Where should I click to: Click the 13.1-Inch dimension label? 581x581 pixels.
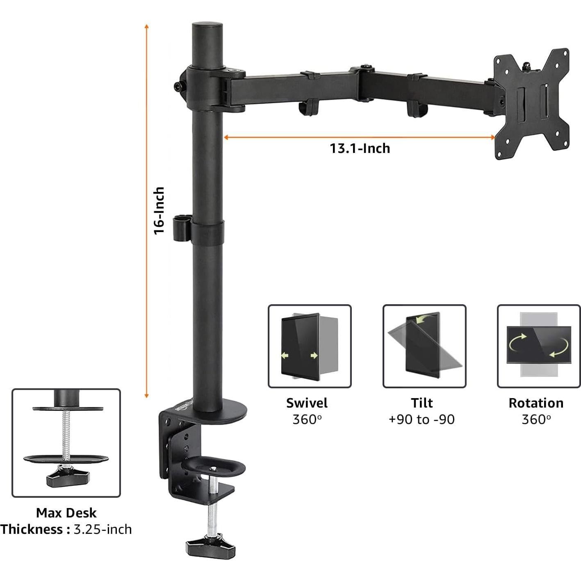[x=360, y=148]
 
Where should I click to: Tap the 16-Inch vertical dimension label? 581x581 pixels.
[x=159, y=211]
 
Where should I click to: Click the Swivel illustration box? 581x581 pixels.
[x=310, y=346]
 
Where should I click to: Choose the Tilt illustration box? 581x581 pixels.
[x=424, y=346]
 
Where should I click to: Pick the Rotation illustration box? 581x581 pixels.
[x=539, y=346]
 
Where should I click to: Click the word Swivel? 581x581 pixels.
[x=307, y=403]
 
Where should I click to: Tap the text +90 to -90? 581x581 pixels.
[x=422, y=419]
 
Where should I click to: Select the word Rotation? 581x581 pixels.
[x=536, y=403]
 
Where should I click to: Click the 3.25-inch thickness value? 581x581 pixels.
[x=103, y=529]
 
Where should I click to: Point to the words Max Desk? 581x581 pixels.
[x=66, y=513]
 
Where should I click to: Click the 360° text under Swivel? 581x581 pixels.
[x=307, y=419]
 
